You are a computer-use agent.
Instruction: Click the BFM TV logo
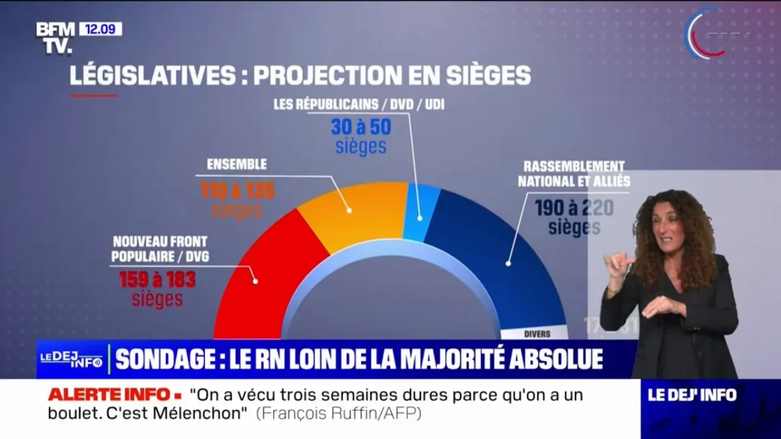click(55, 37)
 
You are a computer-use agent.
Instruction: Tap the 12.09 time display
click(100, 29)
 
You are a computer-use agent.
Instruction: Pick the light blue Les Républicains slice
click(420, 211)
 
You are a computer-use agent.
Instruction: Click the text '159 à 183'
click(157, 280)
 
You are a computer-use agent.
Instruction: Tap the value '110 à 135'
click(237, 191)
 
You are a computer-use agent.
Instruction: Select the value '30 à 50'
click(361, 126)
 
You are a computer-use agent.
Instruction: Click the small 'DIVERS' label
click(537, 334)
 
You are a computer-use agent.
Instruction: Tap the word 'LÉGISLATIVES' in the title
click(154, 75)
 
